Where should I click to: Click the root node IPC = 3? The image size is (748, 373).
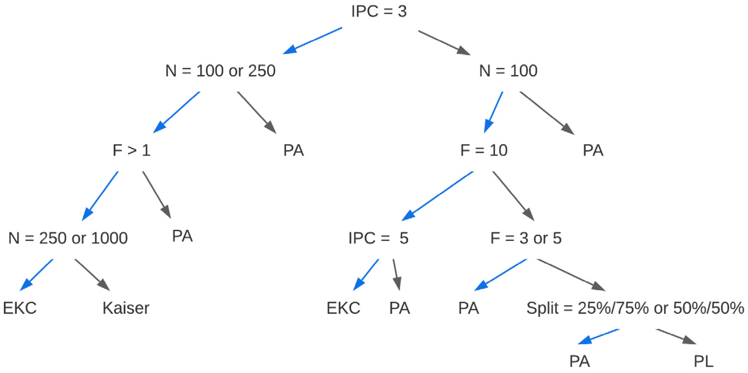[379, 12]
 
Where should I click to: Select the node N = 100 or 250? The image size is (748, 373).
[220, 71]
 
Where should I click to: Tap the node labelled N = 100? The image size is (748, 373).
[508, 71]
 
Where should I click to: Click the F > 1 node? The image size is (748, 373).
[131, 150]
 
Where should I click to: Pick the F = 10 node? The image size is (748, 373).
[484, 150]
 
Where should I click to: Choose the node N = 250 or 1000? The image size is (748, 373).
[68, 238]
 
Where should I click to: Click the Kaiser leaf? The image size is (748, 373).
[126, 308]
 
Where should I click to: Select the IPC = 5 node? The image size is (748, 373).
[378, 238]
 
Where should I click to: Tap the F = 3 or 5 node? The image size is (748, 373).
[526, 238]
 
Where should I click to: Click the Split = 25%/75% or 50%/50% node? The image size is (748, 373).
[635, 308]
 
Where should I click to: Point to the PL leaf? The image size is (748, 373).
[703, 361]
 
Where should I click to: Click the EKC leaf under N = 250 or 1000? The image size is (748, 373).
[20, 308]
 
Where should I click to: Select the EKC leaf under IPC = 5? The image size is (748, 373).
[343, 308]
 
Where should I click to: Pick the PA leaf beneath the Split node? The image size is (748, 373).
[579, 361]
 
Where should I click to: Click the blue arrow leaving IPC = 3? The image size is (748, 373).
[313, 41]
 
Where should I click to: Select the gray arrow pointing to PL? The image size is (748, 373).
[676, 337]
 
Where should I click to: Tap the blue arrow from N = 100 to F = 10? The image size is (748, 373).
[493, 112]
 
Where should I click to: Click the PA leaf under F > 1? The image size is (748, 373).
[182, 236]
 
